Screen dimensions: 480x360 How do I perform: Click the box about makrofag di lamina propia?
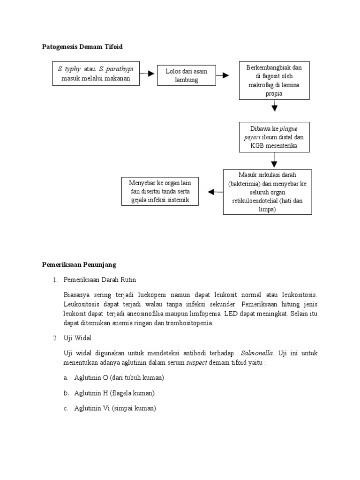[x=274, y=81]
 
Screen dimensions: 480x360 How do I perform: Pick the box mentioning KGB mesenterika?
[x=274, y=137]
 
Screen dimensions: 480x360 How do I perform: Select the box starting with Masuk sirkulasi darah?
[x=267, y=192]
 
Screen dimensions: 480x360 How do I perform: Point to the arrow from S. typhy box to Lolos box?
[x=148, y=74]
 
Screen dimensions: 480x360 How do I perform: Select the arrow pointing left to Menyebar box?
[x=215, y=192]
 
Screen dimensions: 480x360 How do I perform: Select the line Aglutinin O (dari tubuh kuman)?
[x=119, y=377]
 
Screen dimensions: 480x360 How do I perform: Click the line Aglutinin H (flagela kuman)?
[x=114, y=393]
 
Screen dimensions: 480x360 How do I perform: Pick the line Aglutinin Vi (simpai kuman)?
[x=115, y=408]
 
